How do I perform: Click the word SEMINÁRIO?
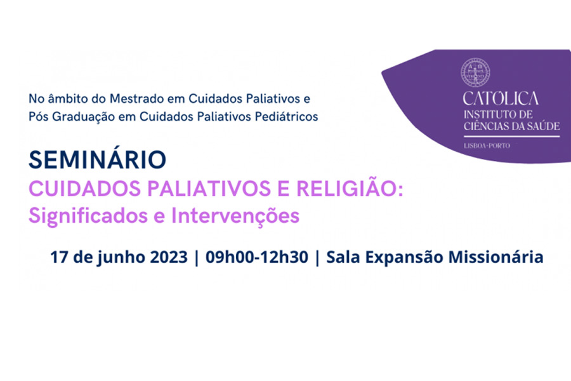click(x=97, y=159)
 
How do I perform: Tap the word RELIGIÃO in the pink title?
click(x=350, y=189)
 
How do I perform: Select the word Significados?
click(x=88, y=216)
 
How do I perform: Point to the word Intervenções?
click(x=235, y=216)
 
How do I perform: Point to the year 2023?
click(x=169, y=257)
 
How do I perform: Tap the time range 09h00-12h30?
click(x=257, y=257)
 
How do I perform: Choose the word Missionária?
click(x=496, y=257)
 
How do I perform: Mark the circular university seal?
click(x=475, y=72)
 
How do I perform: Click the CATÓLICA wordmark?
click(x=501, y=98)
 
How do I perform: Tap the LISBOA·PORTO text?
click(x=487, y=146)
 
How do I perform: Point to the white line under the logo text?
click(x=511, y=137)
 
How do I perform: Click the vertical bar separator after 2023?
click(x=197, y=258)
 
